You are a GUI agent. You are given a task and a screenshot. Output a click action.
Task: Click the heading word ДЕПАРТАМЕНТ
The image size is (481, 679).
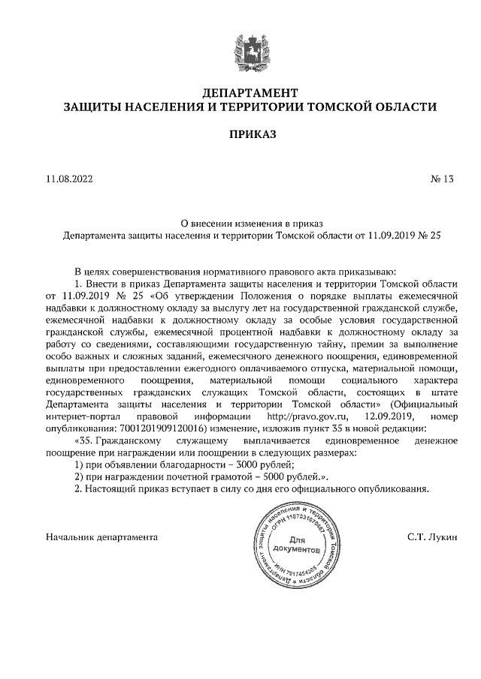pos(251,93)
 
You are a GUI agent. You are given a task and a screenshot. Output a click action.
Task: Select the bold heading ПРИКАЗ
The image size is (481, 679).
pos(251,135)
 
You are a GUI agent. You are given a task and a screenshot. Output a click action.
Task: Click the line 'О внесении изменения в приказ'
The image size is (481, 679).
pos(251,222)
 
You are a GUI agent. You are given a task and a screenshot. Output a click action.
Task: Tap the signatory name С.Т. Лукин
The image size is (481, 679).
pos(412,537)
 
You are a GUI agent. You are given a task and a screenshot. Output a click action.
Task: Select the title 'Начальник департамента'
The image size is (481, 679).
pos(91,537)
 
